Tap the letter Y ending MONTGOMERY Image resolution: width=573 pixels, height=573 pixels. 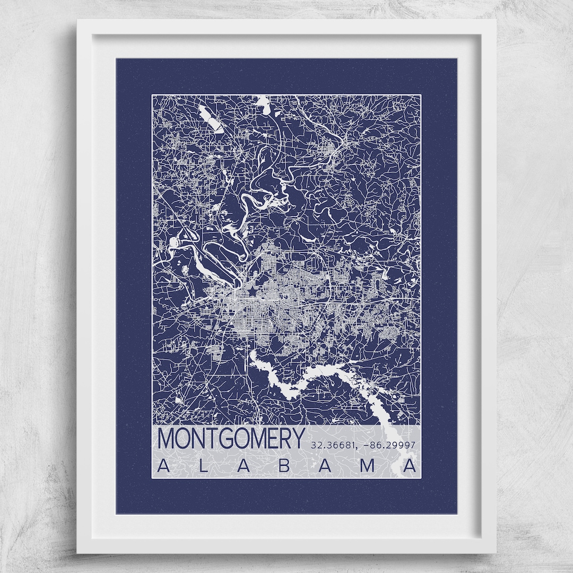tap(298, 439)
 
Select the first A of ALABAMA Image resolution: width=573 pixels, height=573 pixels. tap(164, 466)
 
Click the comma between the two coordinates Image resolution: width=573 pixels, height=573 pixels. tap(358, 447)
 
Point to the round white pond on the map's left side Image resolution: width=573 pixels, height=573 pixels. tap(175, 242)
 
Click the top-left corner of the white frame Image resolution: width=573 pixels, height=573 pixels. tap(78, 21)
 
